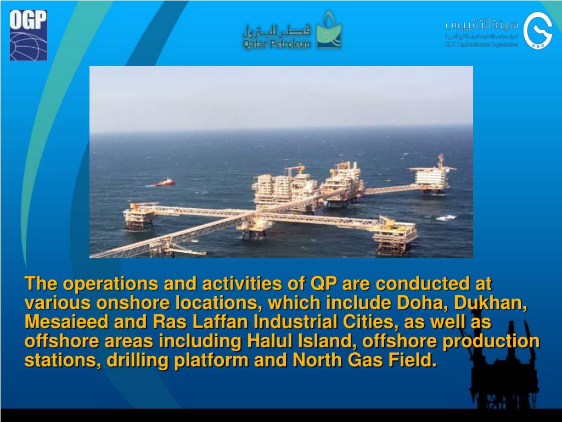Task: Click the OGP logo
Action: [29, 35]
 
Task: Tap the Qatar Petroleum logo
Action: [293, 31]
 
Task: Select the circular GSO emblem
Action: [537, 31]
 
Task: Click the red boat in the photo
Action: [165, 182]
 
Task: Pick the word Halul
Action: [272, 341]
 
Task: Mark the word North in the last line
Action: [318, 360]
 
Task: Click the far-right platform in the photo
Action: [434, 176]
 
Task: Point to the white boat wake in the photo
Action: [447, 218]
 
